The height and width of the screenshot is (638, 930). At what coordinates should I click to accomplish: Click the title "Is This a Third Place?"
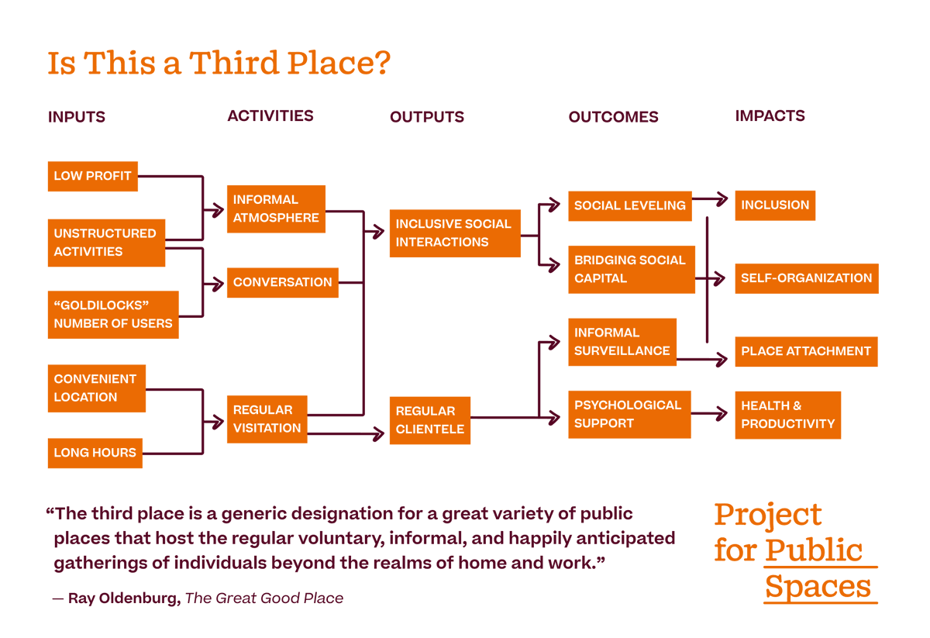coord(219,63)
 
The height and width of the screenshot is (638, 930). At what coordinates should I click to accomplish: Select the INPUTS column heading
coord(76,117)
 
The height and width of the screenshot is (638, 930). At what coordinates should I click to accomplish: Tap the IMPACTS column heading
coord(770,116)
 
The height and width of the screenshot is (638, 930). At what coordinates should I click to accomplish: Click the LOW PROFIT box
coord(92,176)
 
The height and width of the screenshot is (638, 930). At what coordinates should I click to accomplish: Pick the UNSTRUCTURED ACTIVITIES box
coord(106,243)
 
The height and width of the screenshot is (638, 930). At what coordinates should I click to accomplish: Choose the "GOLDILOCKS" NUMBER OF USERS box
coord(113,315)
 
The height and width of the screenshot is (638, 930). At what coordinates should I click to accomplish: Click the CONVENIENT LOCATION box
coord(96,388)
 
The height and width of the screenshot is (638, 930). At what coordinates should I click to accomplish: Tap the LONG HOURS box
coord(95,453)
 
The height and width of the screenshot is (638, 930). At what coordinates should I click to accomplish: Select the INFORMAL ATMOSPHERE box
coord(276,209)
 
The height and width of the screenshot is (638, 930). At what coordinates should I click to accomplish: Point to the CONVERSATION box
coord(282,283)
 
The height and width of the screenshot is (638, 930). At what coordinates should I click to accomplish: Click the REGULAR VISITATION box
coord(267,419)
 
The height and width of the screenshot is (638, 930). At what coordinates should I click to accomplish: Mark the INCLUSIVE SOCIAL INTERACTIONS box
coord(454,233)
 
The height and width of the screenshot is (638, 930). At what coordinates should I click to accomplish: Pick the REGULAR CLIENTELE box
coord(430,420)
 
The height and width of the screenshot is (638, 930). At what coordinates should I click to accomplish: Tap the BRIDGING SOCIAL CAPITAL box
coord(631,270)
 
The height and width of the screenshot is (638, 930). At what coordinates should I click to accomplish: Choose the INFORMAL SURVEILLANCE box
coord(622,342)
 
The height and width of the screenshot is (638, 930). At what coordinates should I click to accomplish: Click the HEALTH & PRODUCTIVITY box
coord(787,415)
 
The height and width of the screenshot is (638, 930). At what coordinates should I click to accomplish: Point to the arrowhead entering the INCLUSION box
coord(722,199)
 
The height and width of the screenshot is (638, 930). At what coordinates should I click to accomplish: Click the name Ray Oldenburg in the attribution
coord(124,598)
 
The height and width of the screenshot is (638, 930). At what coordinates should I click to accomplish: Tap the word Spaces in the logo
coord(818,587)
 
